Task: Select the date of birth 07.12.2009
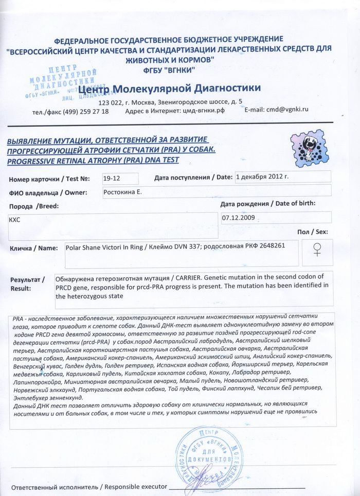click(x=238, y=218)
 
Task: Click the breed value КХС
click(x=16, y=218)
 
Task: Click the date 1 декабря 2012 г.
click(x=262, y=176)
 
